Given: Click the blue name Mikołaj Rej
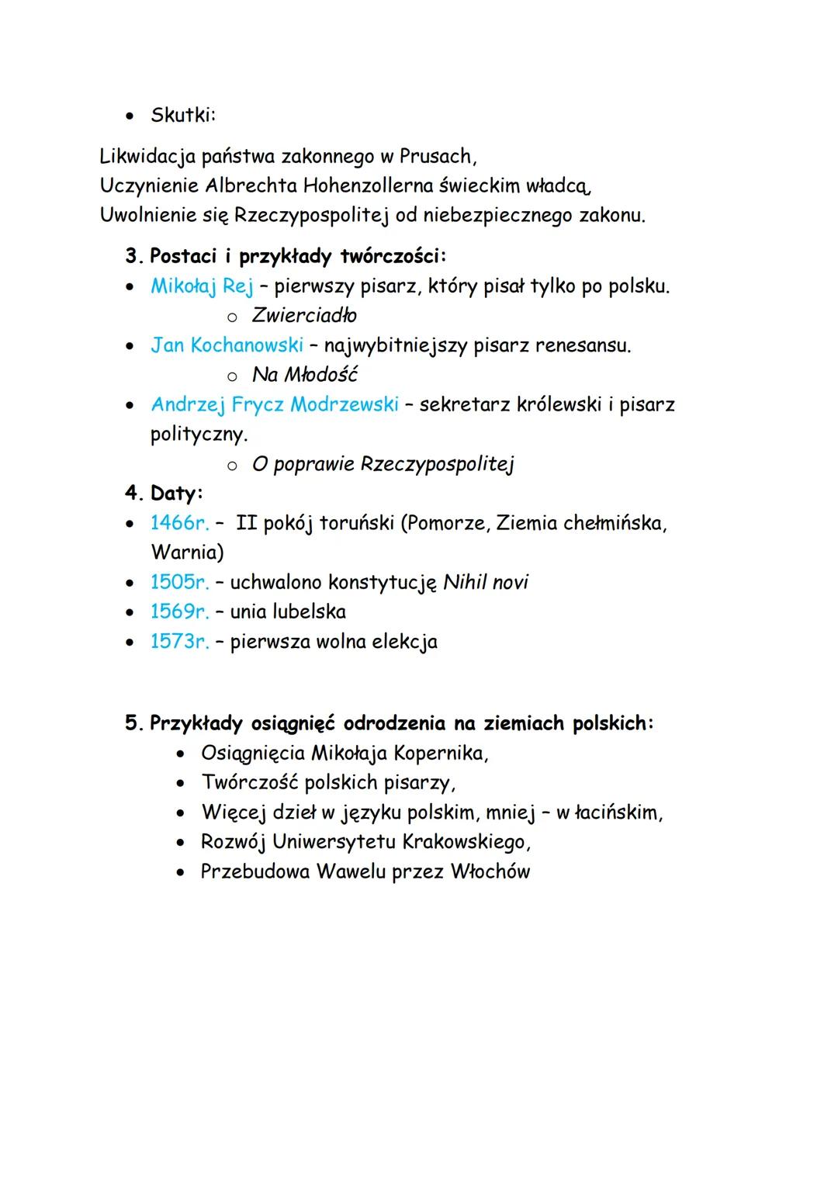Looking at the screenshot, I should click(202, 286).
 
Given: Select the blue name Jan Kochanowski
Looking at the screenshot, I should click(227, 345).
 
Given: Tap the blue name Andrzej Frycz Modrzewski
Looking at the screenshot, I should click(275, 404).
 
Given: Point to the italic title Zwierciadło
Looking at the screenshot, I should click(304, 315).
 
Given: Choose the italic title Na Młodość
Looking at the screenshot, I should click(304, 375).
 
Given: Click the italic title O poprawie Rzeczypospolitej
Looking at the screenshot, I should click(383, 464).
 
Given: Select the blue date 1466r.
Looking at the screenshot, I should click(179, 523).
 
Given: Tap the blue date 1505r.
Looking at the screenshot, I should click(179, 582).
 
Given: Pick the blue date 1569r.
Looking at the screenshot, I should click(179, 612).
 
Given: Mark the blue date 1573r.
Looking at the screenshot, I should click(179, 642).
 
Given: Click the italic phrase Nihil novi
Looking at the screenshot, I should click(485, 582).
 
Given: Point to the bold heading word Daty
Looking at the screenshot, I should click(175, 493).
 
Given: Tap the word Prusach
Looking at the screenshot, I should click(435, 156).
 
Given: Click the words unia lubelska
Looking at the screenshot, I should click(288, 612).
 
